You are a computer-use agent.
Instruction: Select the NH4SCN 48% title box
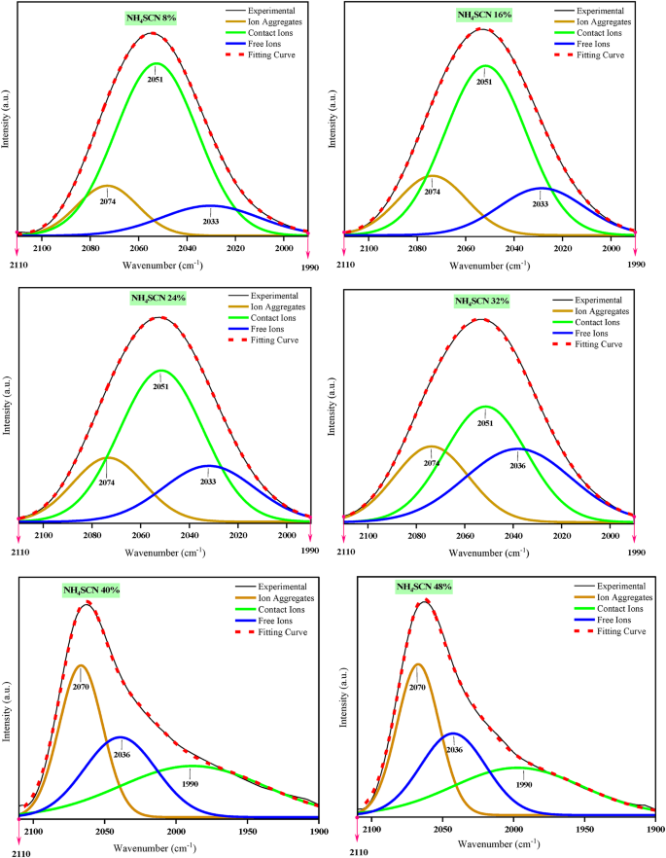pyautogui.click(x=423, y=588)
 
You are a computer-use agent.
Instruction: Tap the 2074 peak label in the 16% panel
pyautogui.click(x=432, y=192)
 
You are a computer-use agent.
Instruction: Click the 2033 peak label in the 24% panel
pyautogui.click(x=209, y=482)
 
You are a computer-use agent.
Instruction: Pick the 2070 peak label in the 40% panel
pyautogui.click(x=80, y=686)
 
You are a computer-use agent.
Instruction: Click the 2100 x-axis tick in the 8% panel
pyautogui.click(x=43, y=247)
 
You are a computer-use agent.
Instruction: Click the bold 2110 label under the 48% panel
pyautogui.click(x=360, y=851)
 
